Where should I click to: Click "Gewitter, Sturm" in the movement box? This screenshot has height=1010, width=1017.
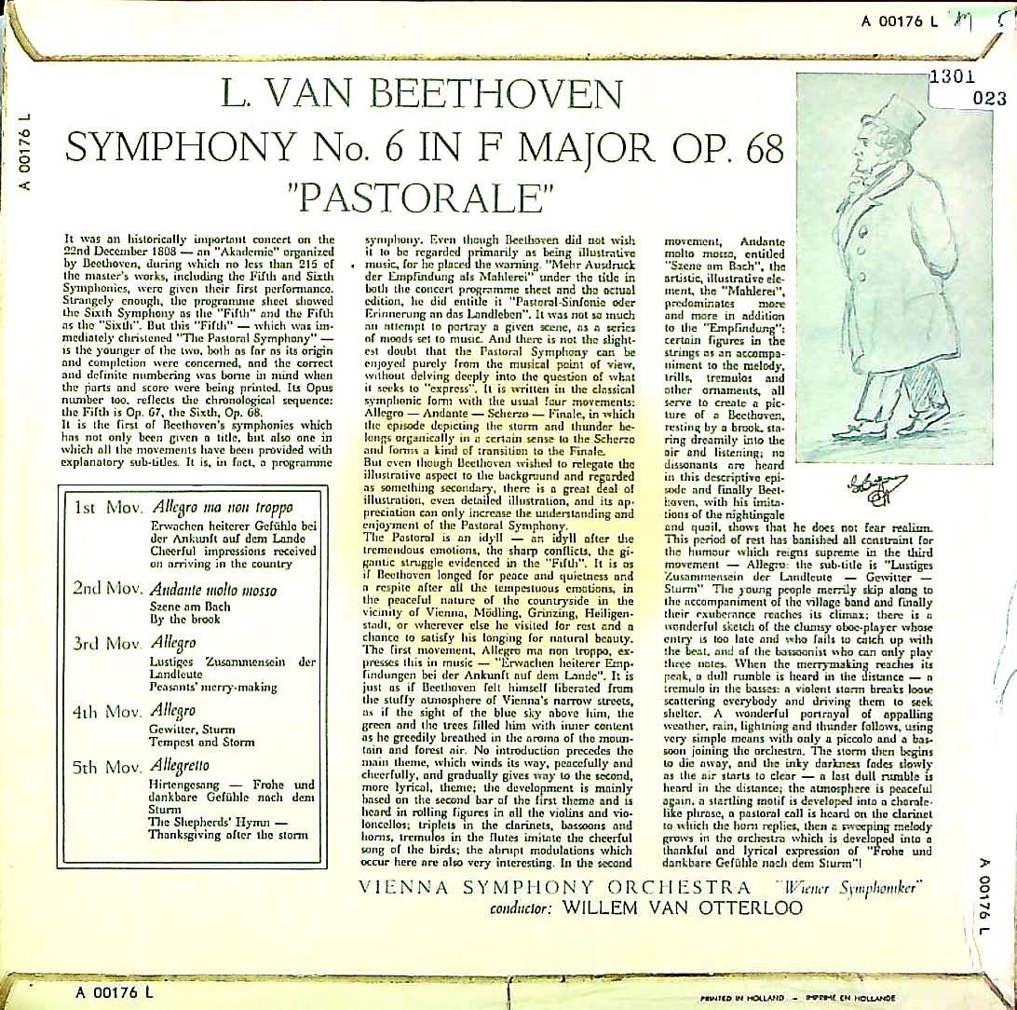pos(192,729)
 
